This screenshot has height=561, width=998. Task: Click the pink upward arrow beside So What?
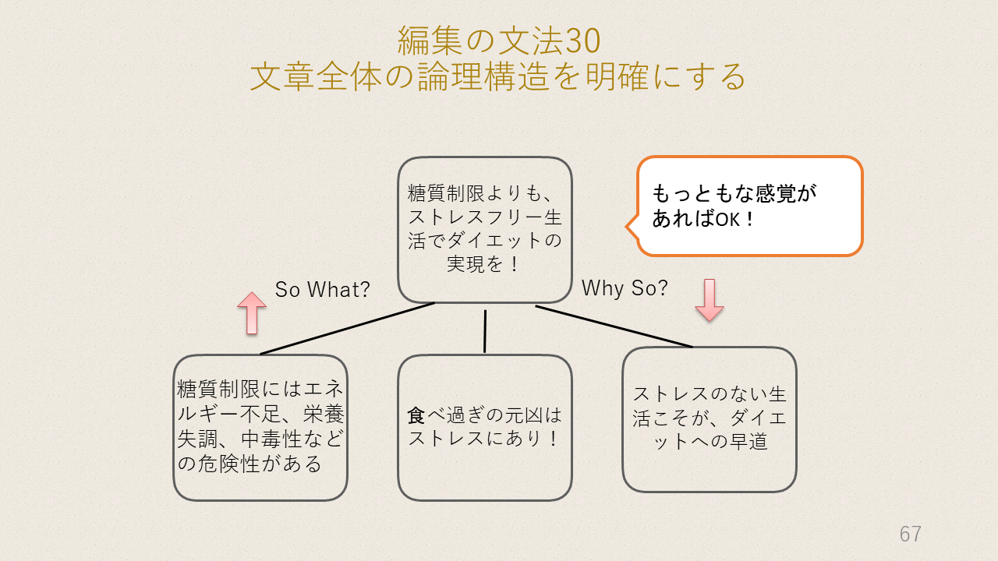252,313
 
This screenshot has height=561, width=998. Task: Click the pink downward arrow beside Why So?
710,300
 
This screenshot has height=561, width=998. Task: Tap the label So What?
323,289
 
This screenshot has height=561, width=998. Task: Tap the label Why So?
625,288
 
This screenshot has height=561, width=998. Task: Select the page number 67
910,534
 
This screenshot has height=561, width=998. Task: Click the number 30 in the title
583,41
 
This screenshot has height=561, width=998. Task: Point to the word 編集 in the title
430,41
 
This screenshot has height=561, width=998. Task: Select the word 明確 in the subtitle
617,76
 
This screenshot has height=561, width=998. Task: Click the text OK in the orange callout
727,219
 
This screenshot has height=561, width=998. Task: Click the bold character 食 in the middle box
416,415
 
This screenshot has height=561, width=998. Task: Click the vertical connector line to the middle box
485,332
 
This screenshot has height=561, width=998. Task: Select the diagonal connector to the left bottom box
347,329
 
